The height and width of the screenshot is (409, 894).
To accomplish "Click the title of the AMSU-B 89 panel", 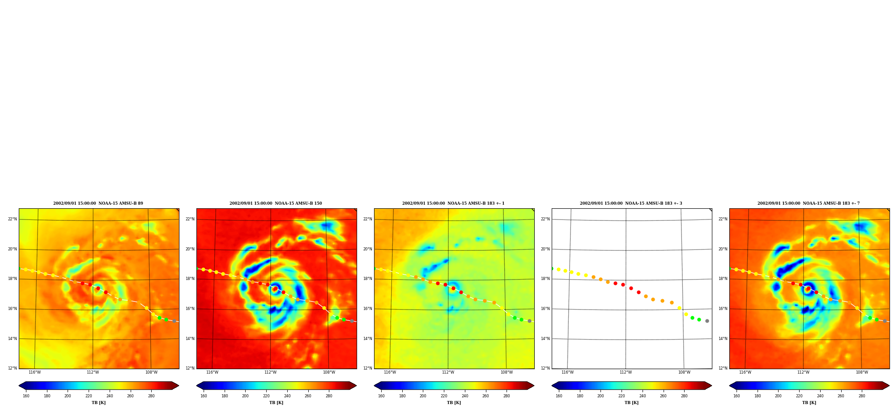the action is tap(98, 203).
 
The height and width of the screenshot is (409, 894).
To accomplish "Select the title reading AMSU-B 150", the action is tap(276, 203).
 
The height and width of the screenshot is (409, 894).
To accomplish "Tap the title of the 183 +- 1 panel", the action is tap(453, 203).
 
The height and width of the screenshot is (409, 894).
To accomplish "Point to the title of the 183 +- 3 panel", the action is tap(631, 203).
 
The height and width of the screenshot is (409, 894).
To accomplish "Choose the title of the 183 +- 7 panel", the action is tap(809, 203).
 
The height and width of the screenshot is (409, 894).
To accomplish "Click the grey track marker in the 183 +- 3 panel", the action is tap(707, 321).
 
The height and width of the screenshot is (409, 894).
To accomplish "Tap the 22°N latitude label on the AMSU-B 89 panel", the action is tap(12, 219).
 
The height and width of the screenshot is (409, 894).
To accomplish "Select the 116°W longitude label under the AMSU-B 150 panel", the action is tap(212, 372).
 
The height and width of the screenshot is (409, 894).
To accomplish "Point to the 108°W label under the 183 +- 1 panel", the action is tap(507, 372).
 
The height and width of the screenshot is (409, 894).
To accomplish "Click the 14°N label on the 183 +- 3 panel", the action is tap(545, 339).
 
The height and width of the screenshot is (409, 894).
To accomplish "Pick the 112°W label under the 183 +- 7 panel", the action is tap(803, 372).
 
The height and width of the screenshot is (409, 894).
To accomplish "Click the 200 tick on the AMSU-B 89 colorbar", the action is tap(68, 396).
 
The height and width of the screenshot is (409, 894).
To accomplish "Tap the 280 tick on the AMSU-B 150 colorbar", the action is tap(329, 396).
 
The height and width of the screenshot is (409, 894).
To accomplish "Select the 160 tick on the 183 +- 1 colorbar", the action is tap(381, 396).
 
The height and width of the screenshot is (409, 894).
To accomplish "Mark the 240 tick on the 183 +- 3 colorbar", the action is tap(643, 396).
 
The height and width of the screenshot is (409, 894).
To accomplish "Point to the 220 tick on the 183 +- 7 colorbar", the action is tap(799, 396).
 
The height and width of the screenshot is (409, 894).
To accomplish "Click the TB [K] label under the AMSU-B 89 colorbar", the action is tap(99, 403).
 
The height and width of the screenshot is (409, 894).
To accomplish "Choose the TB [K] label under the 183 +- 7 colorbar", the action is tap(809, 403).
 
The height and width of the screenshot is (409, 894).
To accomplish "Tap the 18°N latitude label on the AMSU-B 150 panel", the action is tap(190, 279).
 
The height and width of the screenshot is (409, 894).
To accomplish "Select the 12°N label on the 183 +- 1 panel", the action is tap(367, 368).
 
